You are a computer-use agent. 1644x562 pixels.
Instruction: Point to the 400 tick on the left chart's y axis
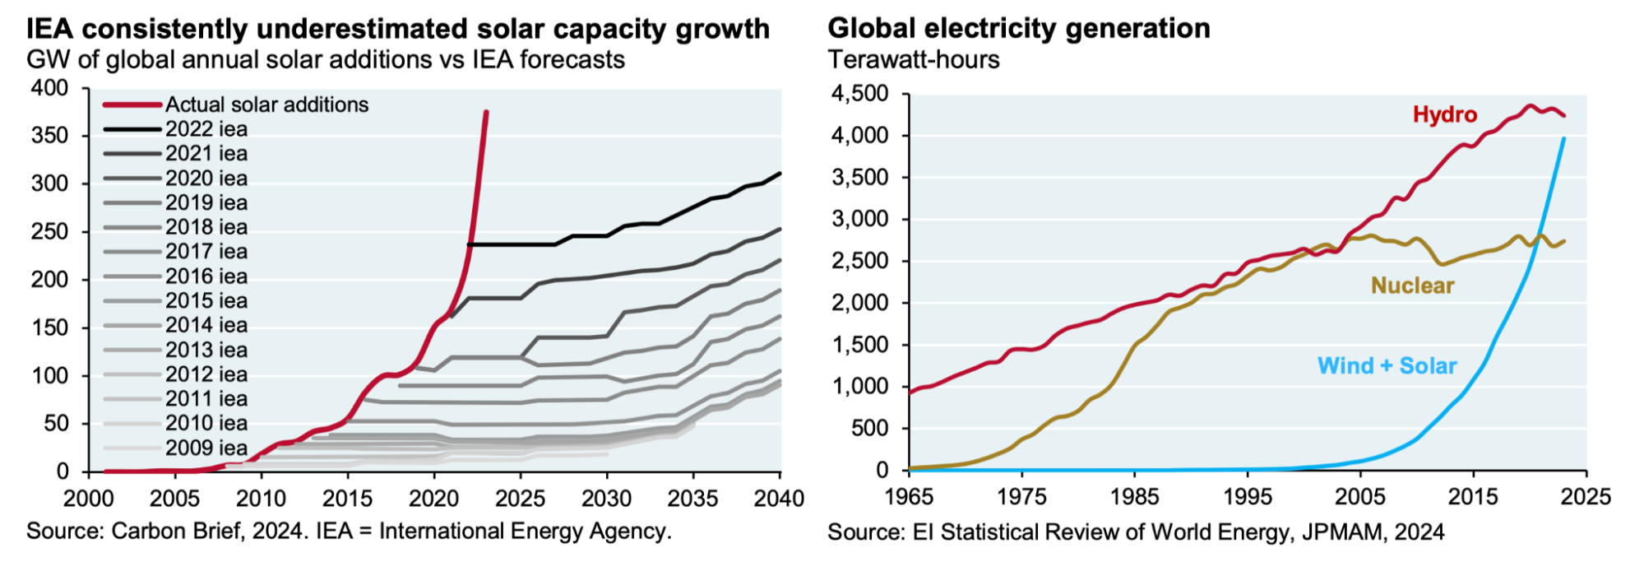click(49, 88)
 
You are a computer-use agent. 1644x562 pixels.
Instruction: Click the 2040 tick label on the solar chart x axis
click(779, 499)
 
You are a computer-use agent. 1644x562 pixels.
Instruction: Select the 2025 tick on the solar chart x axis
click(520, 499)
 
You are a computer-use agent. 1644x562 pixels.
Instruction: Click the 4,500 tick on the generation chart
click(859, 94)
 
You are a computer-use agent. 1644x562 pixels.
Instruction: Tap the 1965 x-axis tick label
click(909, 497)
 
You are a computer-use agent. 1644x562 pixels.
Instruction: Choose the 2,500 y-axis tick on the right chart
click(859, 261)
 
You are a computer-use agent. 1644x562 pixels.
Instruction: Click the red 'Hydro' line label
click(1444, 114)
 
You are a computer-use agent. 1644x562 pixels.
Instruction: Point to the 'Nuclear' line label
click(1412, 286)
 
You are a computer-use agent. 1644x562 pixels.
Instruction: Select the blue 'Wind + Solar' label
click(1387, 365)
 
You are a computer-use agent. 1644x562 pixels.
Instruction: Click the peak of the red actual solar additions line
click(486, 113)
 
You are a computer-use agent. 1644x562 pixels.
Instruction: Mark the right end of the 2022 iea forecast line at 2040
click(779, 174)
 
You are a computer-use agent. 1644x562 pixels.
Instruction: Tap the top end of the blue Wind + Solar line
click(1563, 138)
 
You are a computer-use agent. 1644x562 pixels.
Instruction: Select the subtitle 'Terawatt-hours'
click(914, 60)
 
